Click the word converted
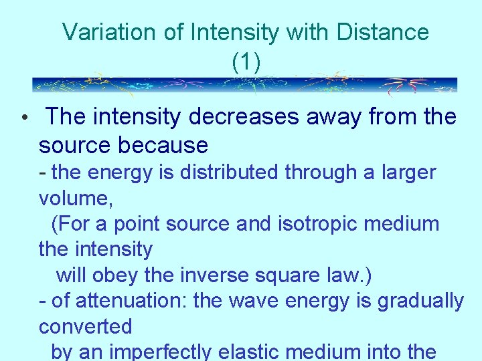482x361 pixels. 85,326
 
